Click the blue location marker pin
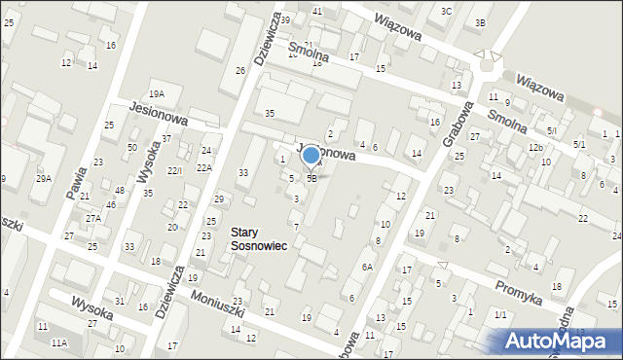(311, 156)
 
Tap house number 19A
(157, 93)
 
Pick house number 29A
(44, 178)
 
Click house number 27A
(92, 219)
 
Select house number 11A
(59, 342)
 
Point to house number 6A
(368, 267)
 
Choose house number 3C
(446, 11)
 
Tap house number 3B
(480, 22)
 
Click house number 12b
(535, 147)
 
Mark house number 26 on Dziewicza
(239, 70)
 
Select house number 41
(317, 10)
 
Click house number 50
(131, 146)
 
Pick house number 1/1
(500, 314)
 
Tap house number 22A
(204, 167)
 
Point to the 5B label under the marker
(311, 179)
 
